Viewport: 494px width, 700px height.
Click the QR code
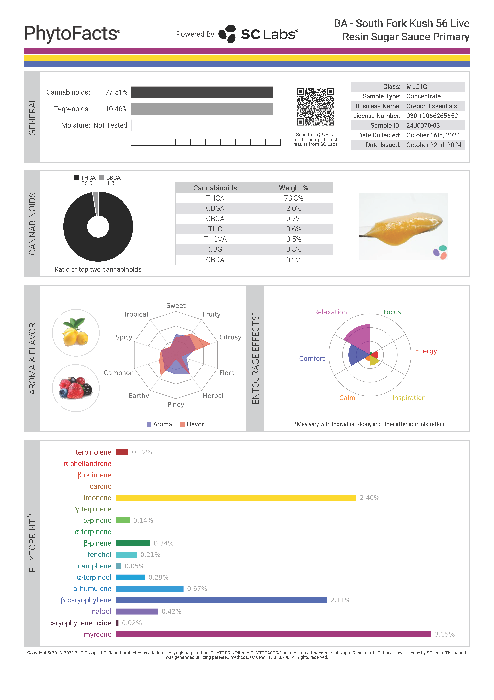[x=315, y=107]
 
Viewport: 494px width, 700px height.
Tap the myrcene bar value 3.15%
[x=444, y=634]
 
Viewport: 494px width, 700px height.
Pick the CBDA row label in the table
[x=215, y=260]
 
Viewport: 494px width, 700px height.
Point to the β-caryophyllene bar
[x=221, y=600]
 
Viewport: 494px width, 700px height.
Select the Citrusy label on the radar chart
[x=230, y=337]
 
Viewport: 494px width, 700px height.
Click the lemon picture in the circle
[x=76, y=333]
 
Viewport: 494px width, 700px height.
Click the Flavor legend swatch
[x=182, y=424]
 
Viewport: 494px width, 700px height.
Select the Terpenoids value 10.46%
[x=116, y=109]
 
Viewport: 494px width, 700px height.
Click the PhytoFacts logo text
[x=72, y=33]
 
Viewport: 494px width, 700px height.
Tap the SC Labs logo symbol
[x=227, y=34]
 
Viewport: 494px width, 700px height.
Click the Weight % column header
[x=293, y=188]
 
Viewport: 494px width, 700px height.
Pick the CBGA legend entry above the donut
[x=110, y=178]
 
